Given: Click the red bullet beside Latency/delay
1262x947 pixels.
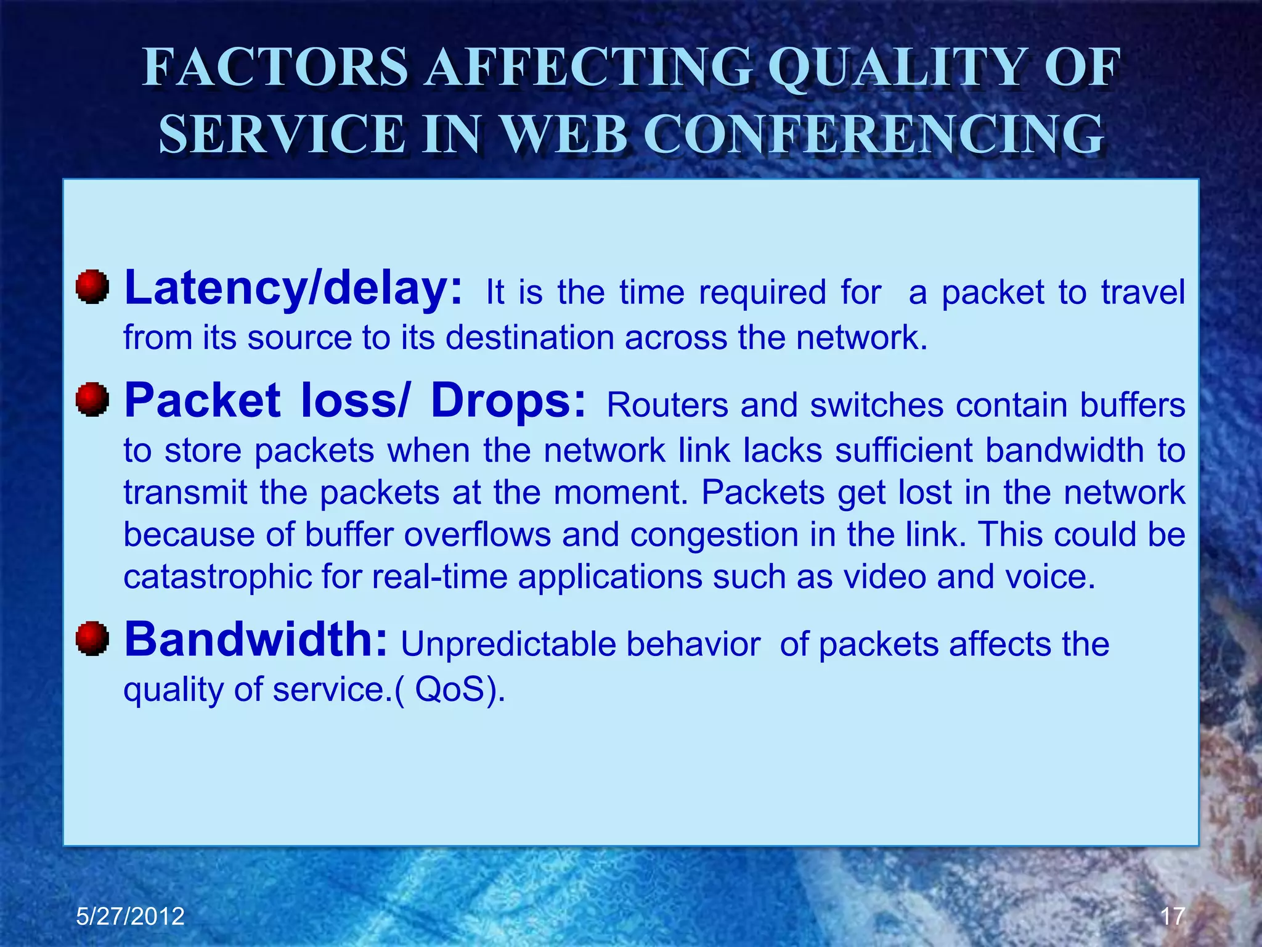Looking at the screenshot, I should click(92, 287).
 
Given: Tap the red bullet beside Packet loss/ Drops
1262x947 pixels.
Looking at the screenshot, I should click(92, 399).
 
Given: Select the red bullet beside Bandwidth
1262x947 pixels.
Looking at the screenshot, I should click(92, 638).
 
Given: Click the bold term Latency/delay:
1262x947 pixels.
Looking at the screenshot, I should click(293, 289).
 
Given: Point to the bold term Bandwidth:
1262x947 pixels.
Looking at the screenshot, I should click(256, 639).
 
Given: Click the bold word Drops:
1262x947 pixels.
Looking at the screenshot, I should click(508, 401).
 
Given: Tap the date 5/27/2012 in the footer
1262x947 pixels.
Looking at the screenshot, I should click(130, 916).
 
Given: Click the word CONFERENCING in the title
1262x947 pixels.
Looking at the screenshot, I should click(877, 134).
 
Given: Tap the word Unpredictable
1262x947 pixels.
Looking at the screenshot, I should click(508, 645).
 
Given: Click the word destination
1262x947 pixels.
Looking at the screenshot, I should click(530, 338).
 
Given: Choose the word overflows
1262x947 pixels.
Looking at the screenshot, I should click(478, 535).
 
